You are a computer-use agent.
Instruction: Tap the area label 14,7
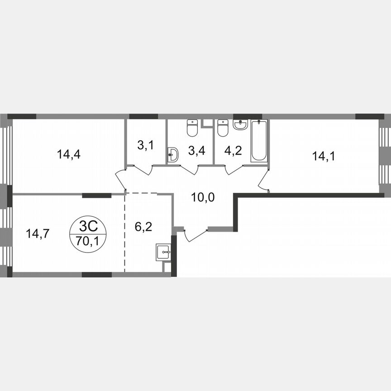(38, 234)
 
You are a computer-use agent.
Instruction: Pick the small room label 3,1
(145, 146)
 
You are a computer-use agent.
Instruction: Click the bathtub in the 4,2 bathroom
(259, 141)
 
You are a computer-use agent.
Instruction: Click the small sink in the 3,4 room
(172, 156)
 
